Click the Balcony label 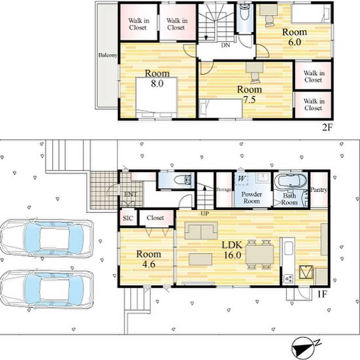pyautogui.click(x=108, y=55)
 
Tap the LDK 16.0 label pyautogui.click(x=232, y=250)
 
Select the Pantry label pyautogui.click(x=319, y=190)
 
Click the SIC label pyautogui.click(x=128, y=218)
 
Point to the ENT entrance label pyautogui.click(x=130, y=194)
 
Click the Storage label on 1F pyautogui.click(x=224, y=189)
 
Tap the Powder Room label pyautogui.click(x=252, y=198)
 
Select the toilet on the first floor pyautogui.click(x=183, y=180)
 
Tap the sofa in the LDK pyautogui.click(x=201, y=230)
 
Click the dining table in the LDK pyautogui.click(x=260, y=255)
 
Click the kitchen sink pyautogui.click(x=288, y=248)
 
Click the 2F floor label pyautogui.click(x=327, y=127)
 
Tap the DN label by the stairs pyautogui.click(x=225, y=45)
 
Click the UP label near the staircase pyautogui.click(x=204, y=214)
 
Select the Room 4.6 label pyautogui.click(x=149, y=259)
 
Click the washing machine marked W pyautogui.click(x=242, y=179)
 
